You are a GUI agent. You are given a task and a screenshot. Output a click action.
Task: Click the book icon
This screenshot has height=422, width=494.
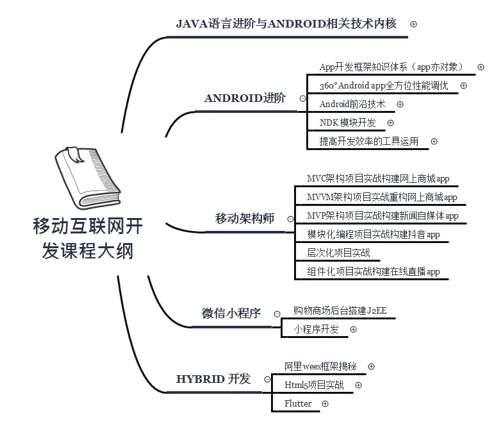click(x=83, y=177)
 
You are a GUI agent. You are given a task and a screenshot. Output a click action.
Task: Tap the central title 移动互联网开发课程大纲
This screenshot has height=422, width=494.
click(x=88, y=238)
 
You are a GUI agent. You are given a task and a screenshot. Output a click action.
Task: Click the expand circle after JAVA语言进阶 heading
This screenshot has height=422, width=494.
click(x=414, y=24)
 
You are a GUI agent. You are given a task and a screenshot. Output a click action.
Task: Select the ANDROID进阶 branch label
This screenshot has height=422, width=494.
click(x=245, y=98)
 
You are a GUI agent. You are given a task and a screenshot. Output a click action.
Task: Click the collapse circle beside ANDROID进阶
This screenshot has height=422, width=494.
click(x=302, y=99)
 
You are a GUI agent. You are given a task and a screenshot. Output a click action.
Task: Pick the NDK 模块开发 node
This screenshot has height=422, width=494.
click(x=347, y=122)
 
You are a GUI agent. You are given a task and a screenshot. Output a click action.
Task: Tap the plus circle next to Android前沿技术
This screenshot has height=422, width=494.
click(x=400, y=104)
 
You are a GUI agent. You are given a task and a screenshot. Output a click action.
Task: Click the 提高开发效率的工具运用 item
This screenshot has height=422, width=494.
click(x=368, y=142)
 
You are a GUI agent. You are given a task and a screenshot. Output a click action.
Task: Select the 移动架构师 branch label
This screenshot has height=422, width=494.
click(x=244, y=219)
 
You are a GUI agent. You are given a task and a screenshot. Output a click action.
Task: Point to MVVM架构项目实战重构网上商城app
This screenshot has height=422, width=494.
click(x=382, y=197)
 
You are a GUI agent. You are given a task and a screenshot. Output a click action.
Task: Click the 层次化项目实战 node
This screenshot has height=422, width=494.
click(x=338, y=253)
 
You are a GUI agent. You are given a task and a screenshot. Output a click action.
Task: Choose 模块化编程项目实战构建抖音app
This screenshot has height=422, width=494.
click(x=374, y=235)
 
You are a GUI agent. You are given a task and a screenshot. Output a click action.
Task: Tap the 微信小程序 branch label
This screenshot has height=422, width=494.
click(x=231, y=314)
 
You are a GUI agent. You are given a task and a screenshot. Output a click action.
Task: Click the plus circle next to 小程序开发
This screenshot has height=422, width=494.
click(x=353, y=330)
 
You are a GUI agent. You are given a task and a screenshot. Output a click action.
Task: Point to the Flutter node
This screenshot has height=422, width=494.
click(x=298, y=403)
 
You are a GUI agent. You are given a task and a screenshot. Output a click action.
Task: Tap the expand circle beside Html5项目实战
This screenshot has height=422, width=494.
click(x=358, y=385)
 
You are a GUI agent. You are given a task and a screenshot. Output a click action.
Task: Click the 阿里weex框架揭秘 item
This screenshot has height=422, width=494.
click(x=320, y=367)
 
